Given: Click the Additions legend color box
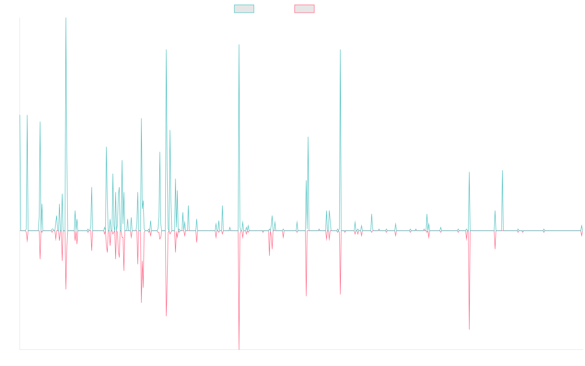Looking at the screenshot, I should tap(244, 9).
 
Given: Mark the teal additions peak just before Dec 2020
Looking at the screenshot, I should tap(340, 50).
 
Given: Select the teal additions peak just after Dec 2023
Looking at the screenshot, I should tap(503, 170).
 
